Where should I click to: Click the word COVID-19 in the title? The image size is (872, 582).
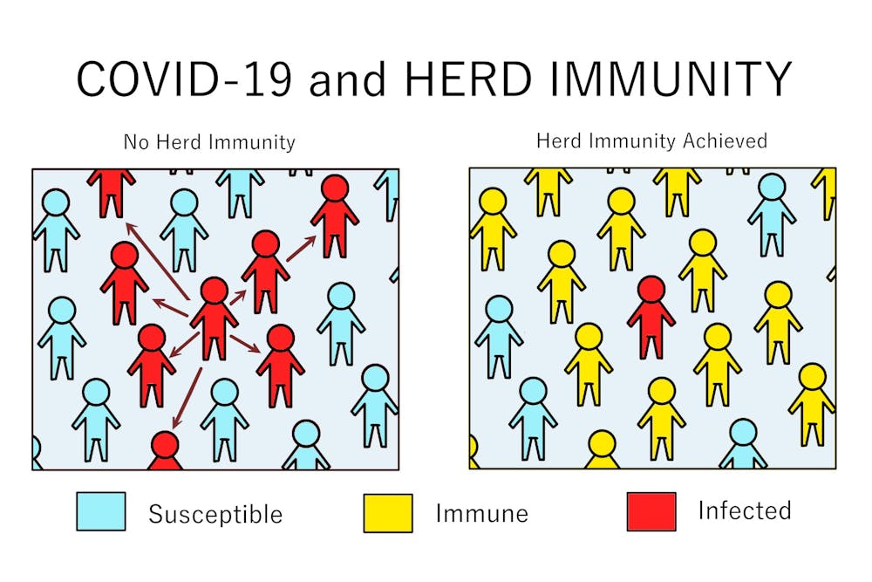click(x=184, y=79)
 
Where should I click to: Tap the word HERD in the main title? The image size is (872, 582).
click(x=468, y=79)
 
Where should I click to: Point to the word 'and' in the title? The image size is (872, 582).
click(x=348, y=79)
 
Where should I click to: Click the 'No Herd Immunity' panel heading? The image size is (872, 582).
click(x=209, y=142)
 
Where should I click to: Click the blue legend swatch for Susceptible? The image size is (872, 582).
click(x=100, y=510)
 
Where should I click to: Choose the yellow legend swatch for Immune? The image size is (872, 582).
click(x=388, y=512)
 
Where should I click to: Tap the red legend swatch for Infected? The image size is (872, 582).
click(x=651, y=511)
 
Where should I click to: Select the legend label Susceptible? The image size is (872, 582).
click(x=215, y=514)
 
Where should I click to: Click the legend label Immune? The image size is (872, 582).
click(x=481, y=513)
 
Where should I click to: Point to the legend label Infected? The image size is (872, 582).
click(x=745, y=510)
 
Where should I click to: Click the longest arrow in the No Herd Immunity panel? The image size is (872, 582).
click(x=157, y=260)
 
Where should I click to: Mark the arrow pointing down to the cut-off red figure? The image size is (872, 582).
click(x=187, y=398)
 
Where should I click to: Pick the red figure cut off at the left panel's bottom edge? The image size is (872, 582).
click(x=165, y=450)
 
